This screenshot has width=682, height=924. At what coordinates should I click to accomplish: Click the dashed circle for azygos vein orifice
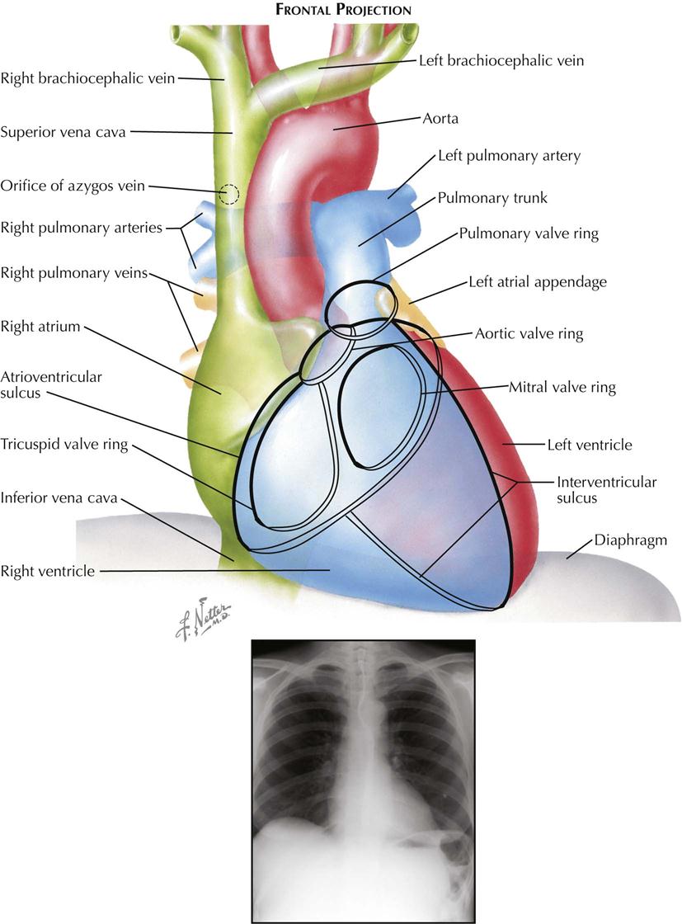pyautogui.click(x=230, y=195)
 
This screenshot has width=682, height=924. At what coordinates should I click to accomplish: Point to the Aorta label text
pyautogui.click(x=442, y=119)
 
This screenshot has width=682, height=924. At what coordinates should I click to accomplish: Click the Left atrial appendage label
pyautogui.click(x=537, y=282)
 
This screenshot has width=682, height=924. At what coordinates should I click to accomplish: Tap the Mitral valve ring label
pyautogui.click(x=562, y=386)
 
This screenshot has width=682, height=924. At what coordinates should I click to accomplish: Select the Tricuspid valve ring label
pyautogui.click(x=63, y=445)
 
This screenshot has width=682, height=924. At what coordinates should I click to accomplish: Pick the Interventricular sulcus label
pyautogui.click(x=606, y=490)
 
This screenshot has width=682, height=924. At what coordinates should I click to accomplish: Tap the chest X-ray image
pyautogui.click(x=363, y=780)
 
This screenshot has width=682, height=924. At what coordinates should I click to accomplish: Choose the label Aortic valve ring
pyautogui.click(x=529, y=334)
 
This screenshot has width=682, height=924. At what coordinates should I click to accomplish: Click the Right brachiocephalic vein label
pyautogui.click(x=87, y=79)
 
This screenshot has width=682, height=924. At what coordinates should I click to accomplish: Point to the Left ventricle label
pyautogui.click(x=589, y=445)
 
